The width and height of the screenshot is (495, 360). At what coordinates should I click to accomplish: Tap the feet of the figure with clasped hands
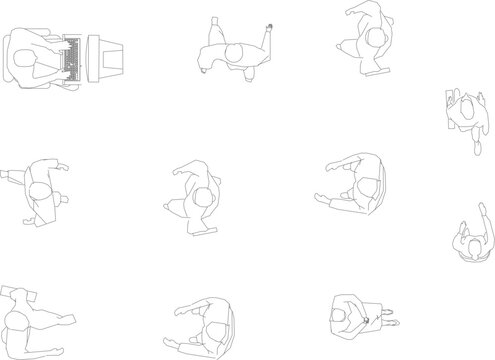(390, 322)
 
